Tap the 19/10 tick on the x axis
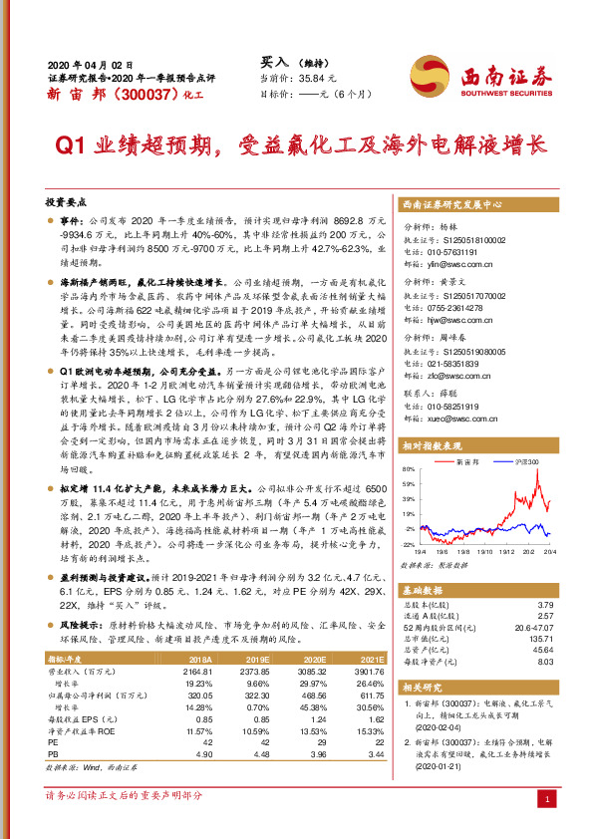click(485, 547)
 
